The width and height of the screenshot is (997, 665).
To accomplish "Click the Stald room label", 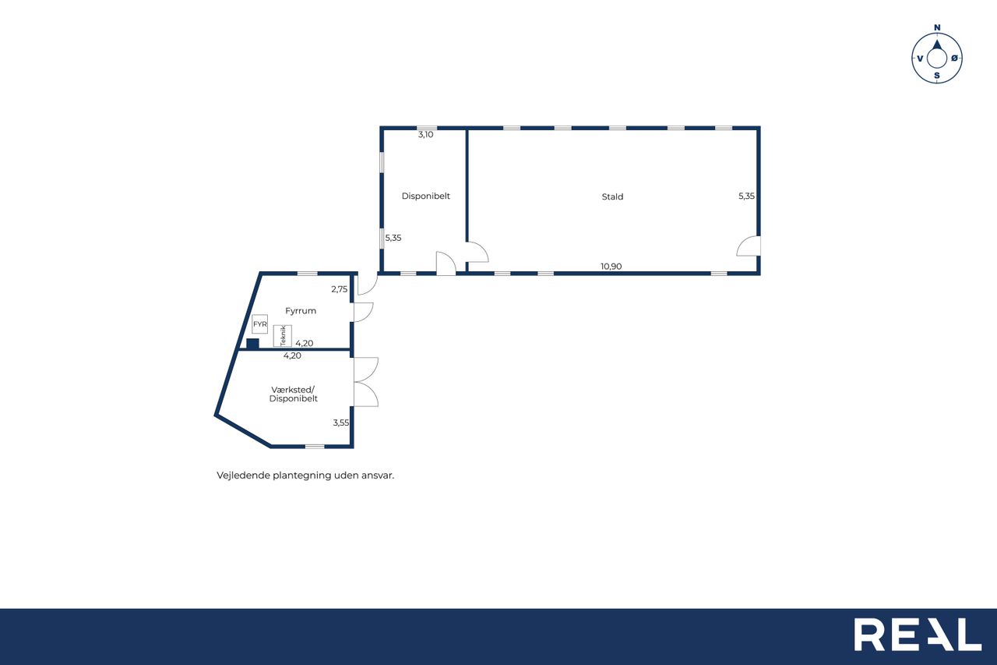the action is [x=612, y=196].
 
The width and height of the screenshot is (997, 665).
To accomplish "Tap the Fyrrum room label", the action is [x=301, y=311].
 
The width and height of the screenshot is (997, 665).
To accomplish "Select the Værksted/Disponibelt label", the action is [x=294, y=394].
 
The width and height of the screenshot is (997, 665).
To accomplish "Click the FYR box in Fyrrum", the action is [x=260, y=324].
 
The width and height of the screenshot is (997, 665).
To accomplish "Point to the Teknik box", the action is [x=283, y=336].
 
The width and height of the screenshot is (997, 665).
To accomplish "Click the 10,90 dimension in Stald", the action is [x=611, y=267].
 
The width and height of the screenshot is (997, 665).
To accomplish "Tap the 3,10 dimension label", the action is [x=425, y=135].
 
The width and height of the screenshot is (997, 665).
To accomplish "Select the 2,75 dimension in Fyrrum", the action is [x=339, y=289].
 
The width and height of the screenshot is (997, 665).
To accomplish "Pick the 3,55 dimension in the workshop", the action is [x=341, y=423].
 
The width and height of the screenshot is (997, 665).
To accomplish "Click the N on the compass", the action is [x=937, y=27].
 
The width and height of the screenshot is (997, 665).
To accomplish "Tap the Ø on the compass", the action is [x=954, y=58].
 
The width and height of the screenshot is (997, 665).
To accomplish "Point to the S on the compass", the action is [x=937, y=76].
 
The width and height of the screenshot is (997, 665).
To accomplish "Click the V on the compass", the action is [x=920, y=58].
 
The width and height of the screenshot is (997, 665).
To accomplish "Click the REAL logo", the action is [x=918, y=635].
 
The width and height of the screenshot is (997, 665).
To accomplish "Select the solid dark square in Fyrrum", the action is [x=253, y=343].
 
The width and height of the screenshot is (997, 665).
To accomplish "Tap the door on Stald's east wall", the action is [x=749, y=246].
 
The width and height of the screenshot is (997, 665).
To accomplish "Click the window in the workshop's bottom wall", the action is [x=315, y=446].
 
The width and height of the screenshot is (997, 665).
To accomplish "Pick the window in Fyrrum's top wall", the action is [x=308, y=273].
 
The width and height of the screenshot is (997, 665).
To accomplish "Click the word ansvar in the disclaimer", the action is [x=378, y=476].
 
